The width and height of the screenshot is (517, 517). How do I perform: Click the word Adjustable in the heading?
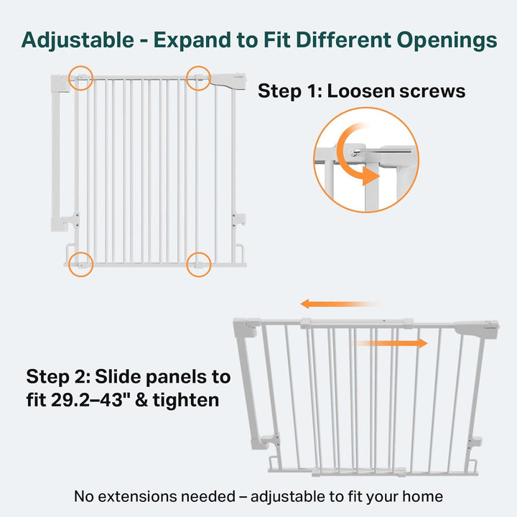(78, 40)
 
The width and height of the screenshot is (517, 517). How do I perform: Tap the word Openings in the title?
(447, 41)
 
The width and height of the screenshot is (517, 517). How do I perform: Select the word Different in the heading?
(343, 40)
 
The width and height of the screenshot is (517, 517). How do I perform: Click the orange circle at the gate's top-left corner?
(80, 78)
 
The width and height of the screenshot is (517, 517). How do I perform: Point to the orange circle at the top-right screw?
(198, 78)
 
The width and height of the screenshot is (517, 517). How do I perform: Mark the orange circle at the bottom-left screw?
(80, 264)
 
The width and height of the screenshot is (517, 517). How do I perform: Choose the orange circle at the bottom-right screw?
(198, 264)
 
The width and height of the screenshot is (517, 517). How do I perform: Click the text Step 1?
(290, 91)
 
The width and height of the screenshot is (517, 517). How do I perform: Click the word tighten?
(186, 401)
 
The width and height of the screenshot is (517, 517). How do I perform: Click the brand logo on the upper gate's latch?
(238, 77)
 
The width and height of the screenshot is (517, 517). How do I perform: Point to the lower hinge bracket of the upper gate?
(70, 220)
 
